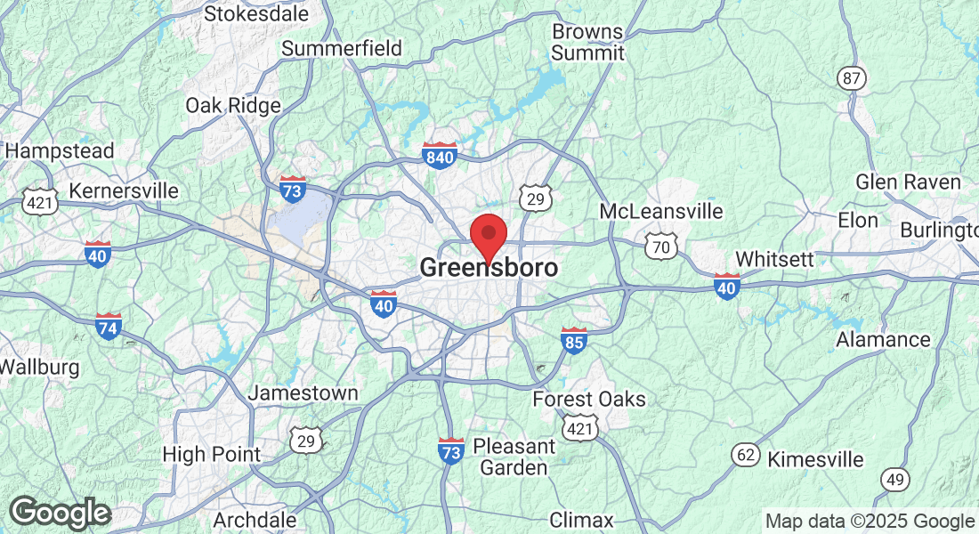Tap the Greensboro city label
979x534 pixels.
click(x=489, y=268)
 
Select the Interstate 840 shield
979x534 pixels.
click(x=440, y=156)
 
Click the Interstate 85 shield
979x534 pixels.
click(x=574, y=340)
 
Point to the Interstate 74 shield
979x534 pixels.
click(x=109, y=327)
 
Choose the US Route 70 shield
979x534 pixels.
click(x=660, y=247)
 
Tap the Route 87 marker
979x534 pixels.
click(x=852, y=78)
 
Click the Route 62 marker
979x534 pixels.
click(x=746, y=456)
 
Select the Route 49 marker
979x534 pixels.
click(x=895, y=480)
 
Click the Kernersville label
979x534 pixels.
click(x=124, y=191)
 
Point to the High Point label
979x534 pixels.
click(x=212, y=454)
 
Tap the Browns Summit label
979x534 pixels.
click(x=587, y=42)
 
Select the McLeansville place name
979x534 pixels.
click(x=661, y=212)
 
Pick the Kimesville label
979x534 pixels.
click(x=815, y=459)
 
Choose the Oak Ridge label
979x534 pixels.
click(x=233, y=105)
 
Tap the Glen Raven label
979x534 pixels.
click(x=908, y=182)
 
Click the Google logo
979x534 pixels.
click(x=60, y=513)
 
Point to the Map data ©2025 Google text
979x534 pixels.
click(x=870, y=522)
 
